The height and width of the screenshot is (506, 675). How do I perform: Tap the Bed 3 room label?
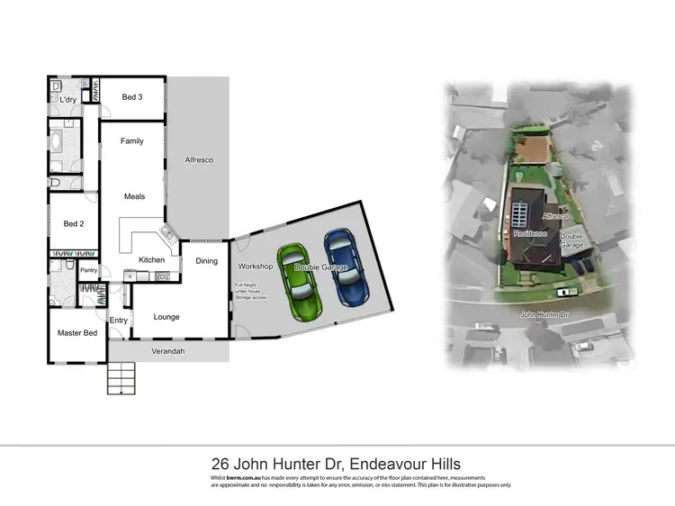click(x=133, y=97)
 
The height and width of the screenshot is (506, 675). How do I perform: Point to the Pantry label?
click(x=89, y=270)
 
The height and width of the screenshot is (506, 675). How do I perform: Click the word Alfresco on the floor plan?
click(x=198, y=159)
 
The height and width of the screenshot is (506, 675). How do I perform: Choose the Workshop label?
click(x=255, y=267)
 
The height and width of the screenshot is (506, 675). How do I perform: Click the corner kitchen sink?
click(x=167, y=237)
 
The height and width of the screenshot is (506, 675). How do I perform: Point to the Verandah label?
click(x=168, y=351)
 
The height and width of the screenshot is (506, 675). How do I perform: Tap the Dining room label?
click(x=206, y=261)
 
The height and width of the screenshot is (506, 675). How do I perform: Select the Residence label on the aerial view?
click(x=530, y=233)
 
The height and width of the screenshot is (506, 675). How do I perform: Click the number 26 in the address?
click(x=219, y=464)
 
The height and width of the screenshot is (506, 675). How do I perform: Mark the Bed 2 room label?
click(x=74, y=223)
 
